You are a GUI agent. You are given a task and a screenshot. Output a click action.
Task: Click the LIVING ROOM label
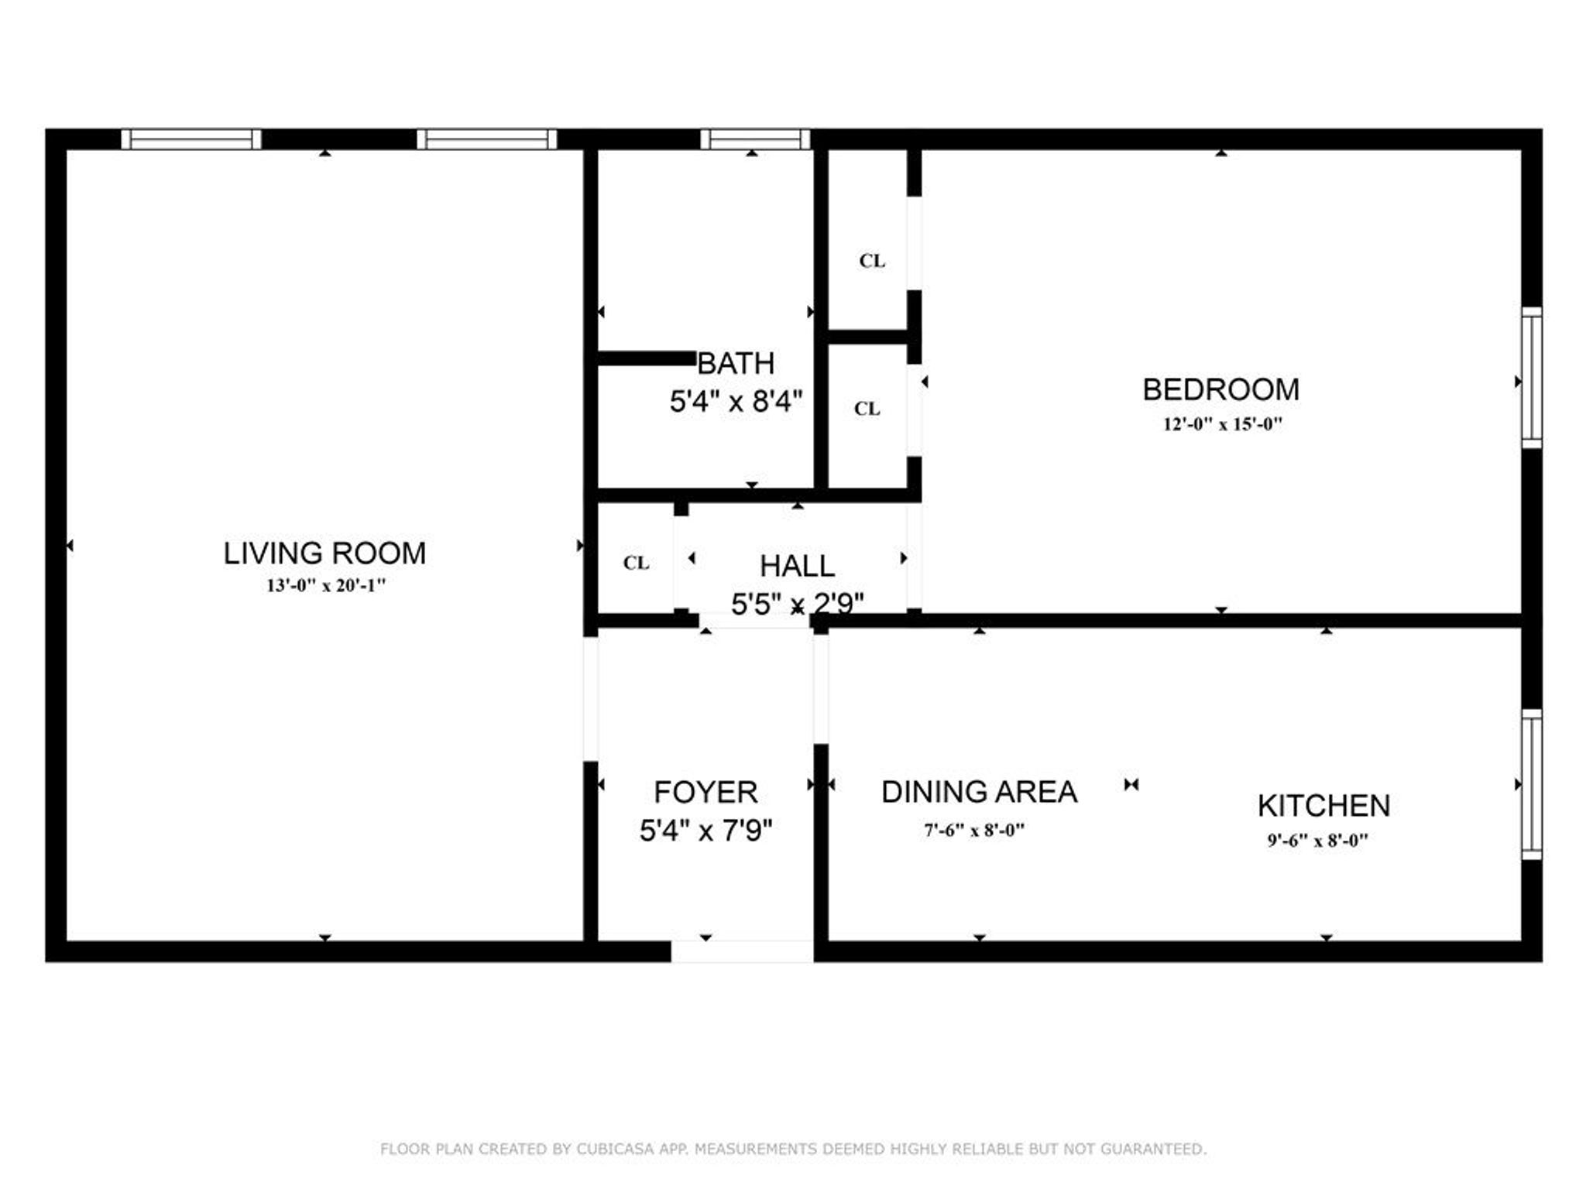point(324,553)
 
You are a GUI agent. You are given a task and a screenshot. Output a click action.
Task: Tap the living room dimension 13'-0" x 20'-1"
point(325,586)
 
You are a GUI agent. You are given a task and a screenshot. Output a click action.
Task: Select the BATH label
point(736,363)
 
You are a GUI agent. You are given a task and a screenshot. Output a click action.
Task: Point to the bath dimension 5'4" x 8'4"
point(736,402)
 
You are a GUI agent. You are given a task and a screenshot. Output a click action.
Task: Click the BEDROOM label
point(1220,389)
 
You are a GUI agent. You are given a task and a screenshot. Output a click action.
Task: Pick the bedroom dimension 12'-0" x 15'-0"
point(1222,424)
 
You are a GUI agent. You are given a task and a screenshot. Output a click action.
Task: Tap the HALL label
point(797,566)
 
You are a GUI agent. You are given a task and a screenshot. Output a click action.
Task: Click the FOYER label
point(705,793)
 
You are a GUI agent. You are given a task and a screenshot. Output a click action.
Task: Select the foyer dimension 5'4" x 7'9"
point(705,831)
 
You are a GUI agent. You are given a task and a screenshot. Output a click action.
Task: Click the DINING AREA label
point(979,792)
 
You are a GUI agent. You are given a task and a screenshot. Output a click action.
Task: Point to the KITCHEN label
point(1323,806)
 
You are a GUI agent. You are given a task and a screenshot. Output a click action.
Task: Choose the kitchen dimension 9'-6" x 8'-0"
point(1317,841)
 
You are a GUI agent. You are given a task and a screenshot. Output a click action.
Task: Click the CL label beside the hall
point(636,563)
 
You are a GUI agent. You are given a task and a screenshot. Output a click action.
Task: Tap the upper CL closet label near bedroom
point(872,261)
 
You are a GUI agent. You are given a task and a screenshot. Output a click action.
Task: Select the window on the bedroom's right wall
point(1531,378)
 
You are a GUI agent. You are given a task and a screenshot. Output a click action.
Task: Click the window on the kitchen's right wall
point(1531,784)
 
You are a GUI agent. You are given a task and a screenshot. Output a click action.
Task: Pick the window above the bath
point(755,139)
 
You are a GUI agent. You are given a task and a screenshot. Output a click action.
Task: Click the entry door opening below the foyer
point(742,951)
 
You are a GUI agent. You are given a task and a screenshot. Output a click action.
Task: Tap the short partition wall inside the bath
point(647,358)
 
